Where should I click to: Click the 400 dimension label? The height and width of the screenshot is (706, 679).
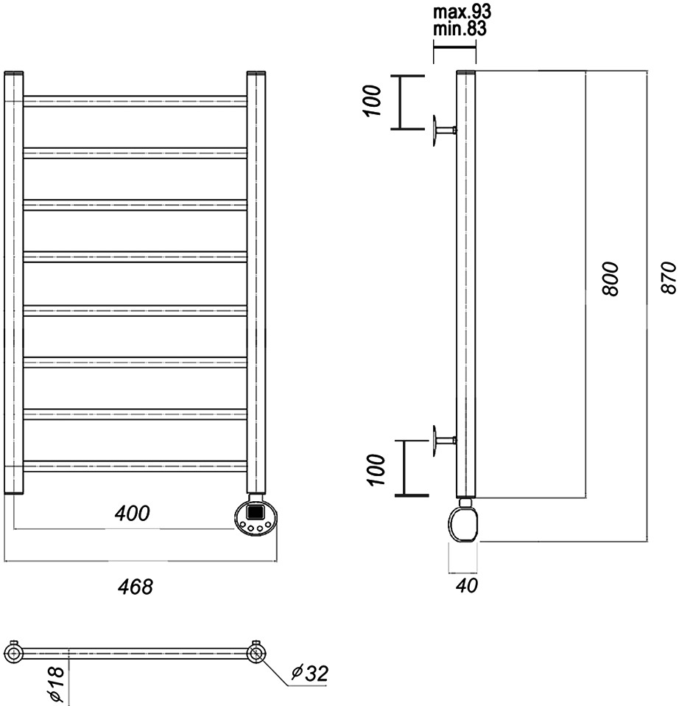coord(132,514)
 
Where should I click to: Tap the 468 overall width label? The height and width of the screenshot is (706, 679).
coord(136,587)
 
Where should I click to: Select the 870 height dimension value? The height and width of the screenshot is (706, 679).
coord(669,277)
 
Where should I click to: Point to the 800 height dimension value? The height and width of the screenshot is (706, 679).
coord(611,279)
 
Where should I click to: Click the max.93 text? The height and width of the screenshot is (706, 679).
coord(462,12)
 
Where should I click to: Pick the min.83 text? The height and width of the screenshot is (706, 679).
coord(460,29)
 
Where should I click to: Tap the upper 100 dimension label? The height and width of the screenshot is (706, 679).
coord(373,101)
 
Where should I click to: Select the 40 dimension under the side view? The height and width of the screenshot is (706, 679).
coord(467,585)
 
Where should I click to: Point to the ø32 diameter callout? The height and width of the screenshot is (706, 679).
coord(310,673)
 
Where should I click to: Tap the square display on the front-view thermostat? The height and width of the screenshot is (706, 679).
coord(256,512)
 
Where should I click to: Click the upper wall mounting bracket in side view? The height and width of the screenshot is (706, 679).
coord(444,130)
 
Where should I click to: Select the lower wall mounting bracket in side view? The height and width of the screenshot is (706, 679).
coord(444,441)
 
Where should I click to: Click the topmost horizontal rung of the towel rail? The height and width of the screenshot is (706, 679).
coord(135,101)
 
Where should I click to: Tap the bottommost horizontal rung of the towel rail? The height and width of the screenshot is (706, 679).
coord(135,466)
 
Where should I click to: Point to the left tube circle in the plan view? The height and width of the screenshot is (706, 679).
coord(13,652)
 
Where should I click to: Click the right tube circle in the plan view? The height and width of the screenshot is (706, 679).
coord(256,652)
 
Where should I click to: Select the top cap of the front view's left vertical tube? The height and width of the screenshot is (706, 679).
coord(14,72)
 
